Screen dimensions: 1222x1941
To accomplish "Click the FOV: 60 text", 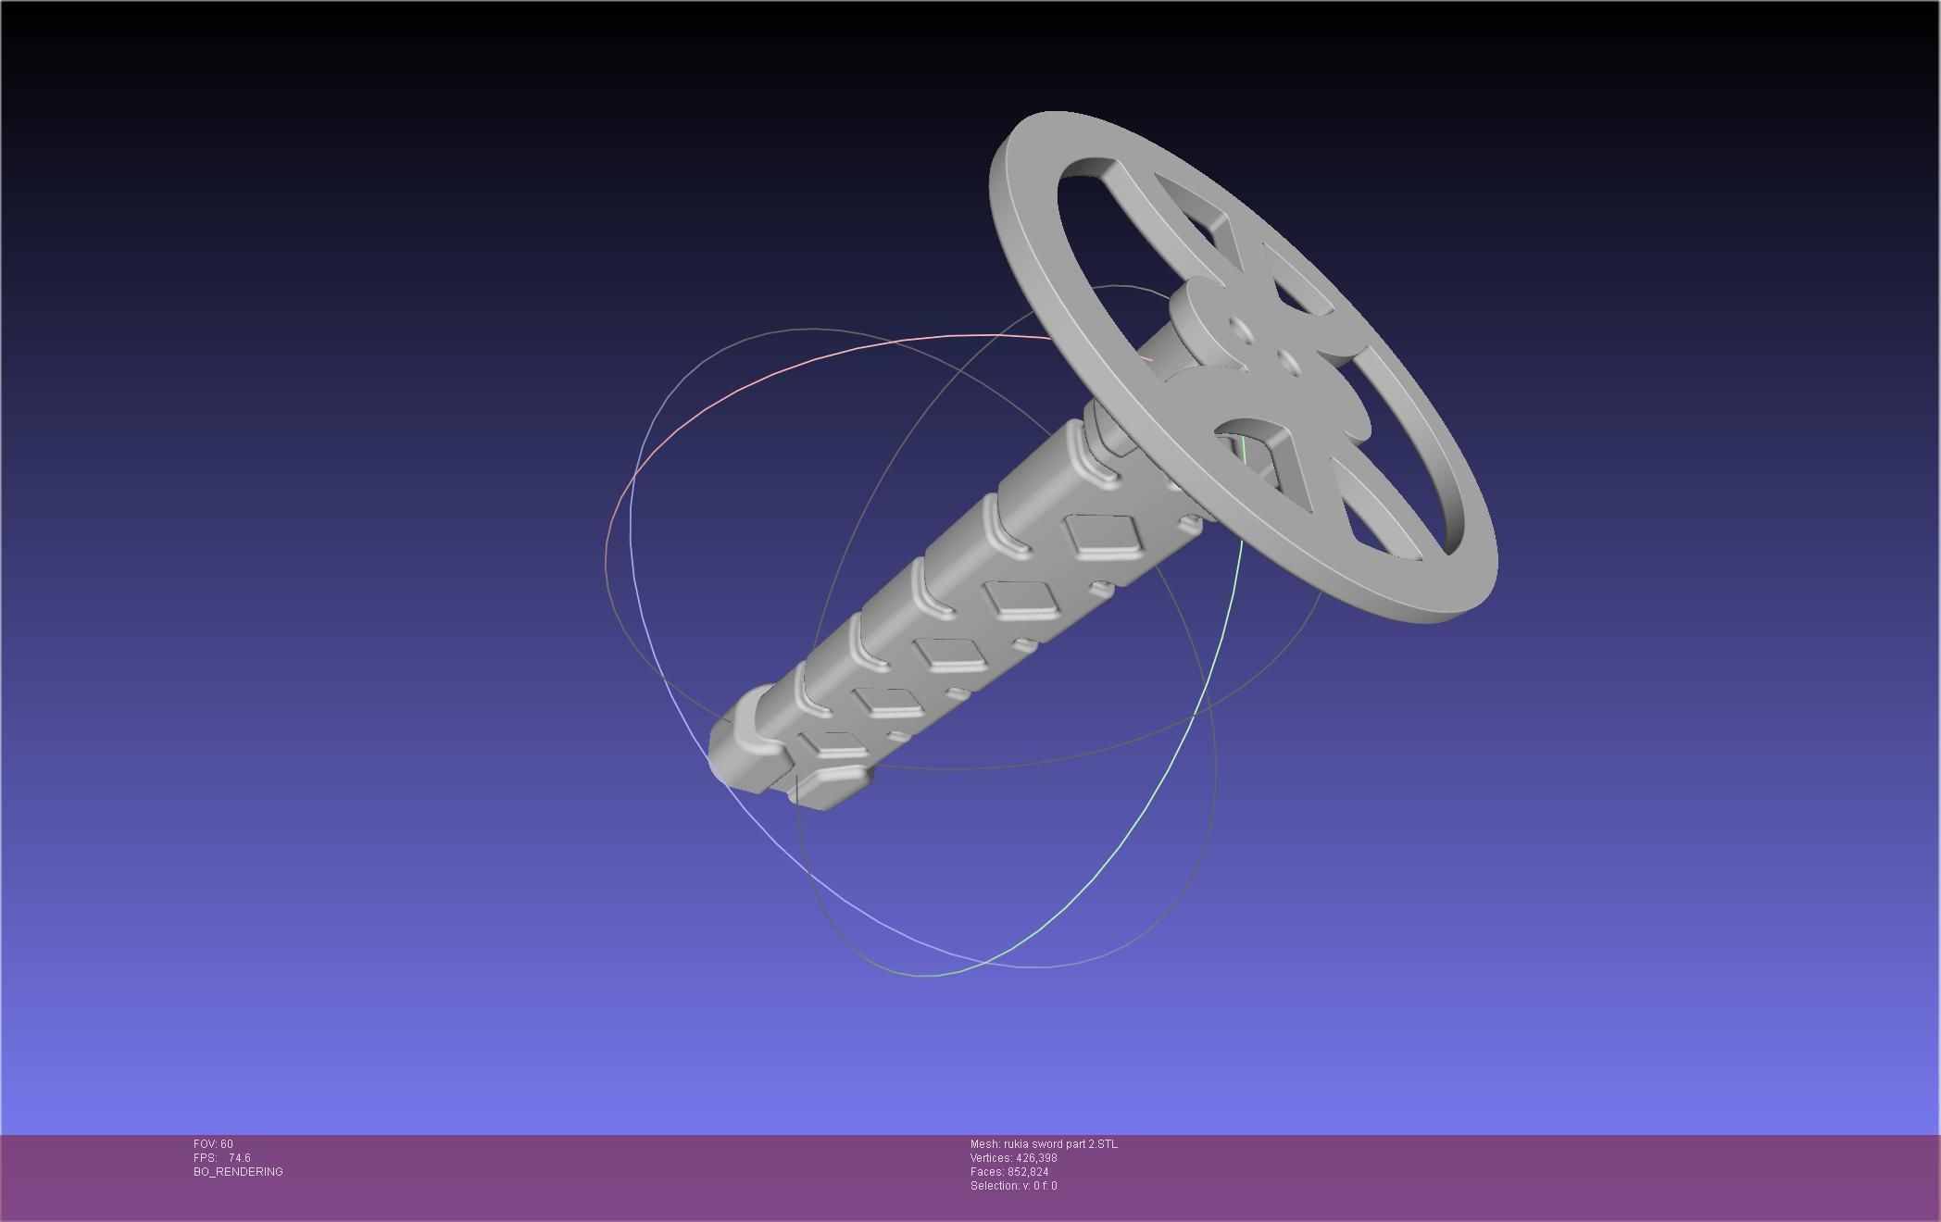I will pos(213,1144).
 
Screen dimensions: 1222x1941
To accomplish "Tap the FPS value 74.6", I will pos(239,1158).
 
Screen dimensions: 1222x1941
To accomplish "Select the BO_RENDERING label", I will pos(238,1172).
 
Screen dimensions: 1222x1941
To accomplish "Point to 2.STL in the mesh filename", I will pos(1103,1144).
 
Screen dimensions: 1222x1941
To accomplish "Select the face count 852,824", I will pos(1028,1172).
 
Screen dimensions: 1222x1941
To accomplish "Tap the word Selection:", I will pos(995,1186).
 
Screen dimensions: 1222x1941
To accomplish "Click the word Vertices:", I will pos(991,1158).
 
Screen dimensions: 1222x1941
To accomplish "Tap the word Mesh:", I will pos(985,1144).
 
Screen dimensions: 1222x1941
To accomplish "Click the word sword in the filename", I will pos(1049,1144).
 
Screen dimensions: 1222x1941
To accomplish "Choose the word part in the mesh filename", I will pos(1076,1144).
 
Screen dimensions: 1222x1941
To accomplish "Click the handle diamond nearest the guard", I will pos(1100,536).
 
